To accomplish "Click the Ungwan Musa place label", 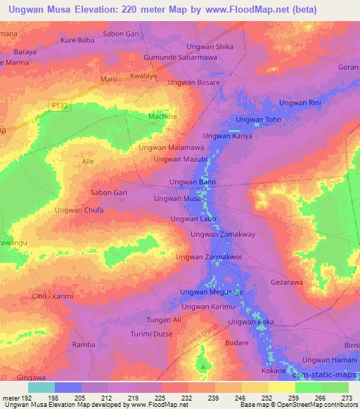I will (178, 200).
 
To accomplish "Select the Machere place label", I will (162, 116).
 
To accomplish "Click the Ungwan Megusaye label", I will (211, 292).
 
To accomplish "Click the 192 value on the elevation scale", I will (25, 397).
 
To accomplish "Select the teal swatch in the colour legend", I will (41, 387).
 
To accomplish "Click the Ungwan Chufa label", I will (79, 210).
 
